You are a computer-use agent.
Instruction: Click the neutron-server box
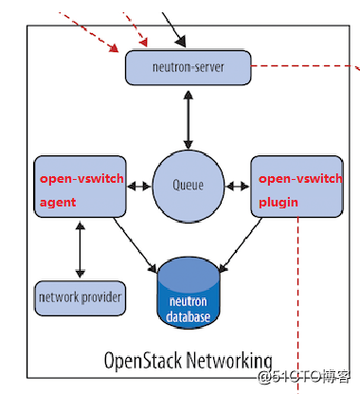[189, 67]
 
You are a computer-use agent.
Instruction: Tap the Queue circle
[189, 187]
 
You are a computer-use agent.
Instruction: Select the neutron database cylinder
[189, 293]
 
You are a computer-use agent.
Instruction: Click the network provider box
[80, 298]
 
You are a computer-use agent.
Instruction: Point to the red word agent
[58, 202]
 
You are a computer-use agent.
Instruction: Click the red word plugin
[279, 202]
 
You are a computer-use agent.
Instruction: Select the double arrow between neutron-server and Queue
[189, 120]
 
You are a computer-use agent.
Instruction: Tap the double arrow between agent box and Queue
[139, 187]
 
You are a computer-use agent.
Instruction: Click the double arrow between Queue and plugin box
[238, 187]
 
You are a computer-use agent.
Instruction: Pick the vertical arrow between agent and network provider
[81, 250]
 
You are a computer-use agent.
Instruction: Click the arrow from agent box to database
[135, 245]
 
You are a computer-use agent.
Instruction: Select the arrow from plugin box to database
[241, 245]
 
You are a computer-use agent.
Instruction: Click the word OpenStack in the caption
[143, 361]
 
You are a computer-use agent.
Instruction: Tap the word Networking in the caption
[229, 361]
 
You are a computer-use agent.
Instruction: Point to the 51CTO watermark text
[304, 376]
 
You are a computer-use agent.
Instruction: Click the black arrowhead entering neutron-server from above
[181, 42]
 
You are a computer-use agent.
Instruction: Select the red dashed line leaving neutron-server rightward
[305, 66]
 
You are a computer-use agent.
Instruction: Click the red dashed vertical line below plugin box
[297, 305]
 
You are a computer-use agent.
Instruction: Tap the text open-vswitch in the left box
[81, 179]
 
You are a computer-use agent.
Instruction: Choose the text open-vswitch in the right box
[300, 179]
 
